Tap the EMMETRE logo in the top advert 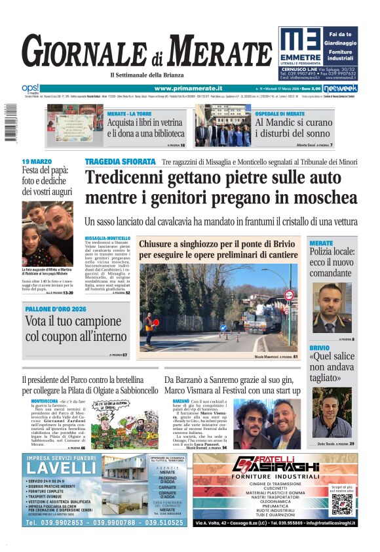pyautogui.click(x=300, y=45)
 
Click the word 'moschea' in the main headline pyautogui.click(x=322, y=197)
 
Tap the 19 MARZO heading pyautogui.click(x=37, y=161)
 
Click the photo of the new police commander pyautogui.click(x=332, y=306)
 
